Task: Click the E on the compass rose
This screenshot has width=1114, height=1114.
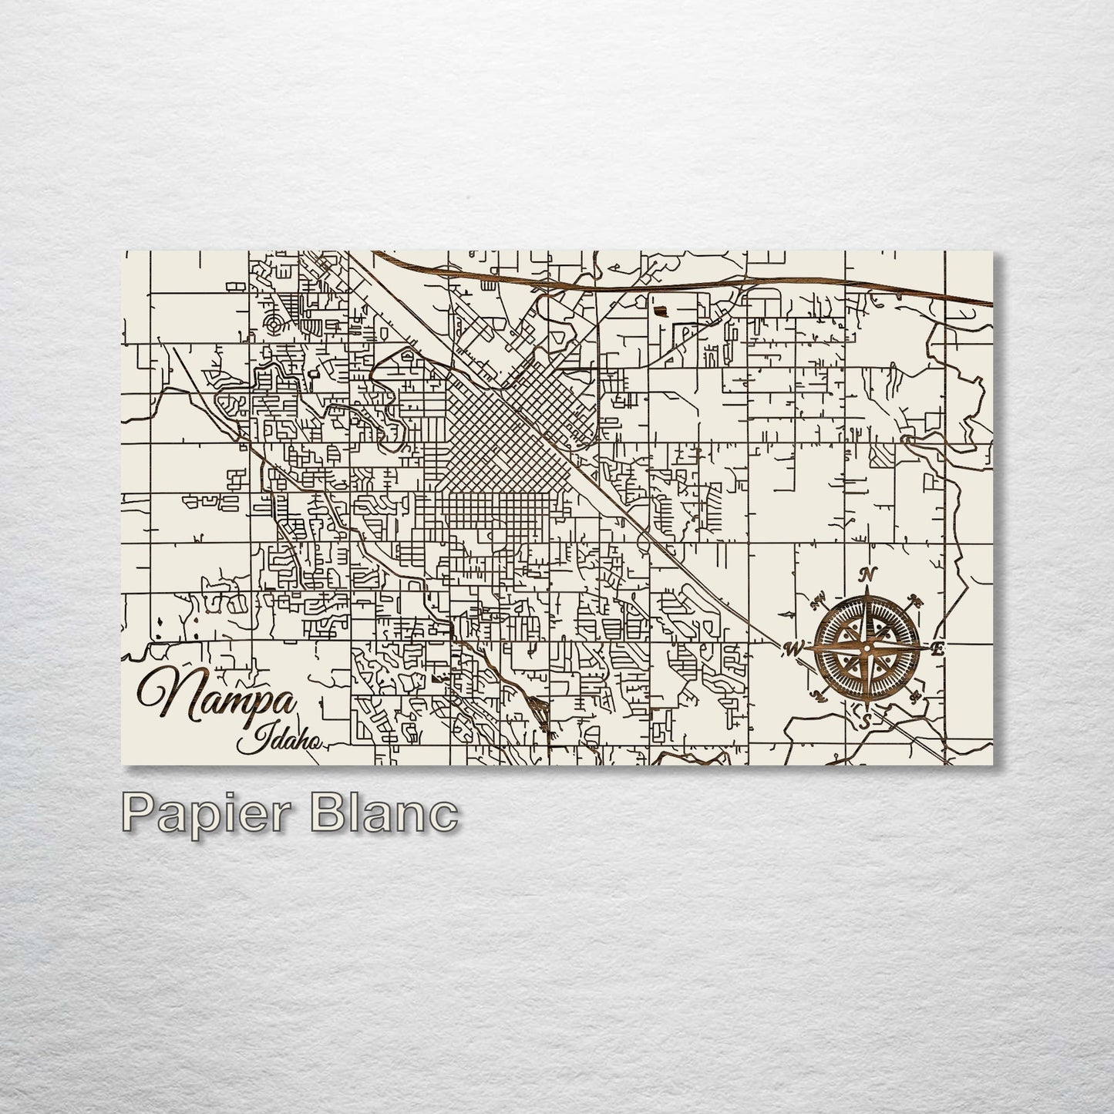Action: pyautogui.click(x=937, y=649)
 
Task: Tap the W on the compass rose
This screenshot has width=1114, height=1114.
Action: pyautogui.click(x=793, y=648)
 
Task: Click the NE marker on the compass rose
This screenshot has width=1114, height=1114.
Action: pyautogui.click(x=917, y=601)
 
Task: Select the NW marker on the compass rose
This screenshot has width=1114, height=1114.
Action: pyautogui.click(x=819, y=597)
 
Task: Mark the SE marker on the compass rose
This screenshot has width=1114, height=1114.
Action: pyautogui.click(x=915, y=698)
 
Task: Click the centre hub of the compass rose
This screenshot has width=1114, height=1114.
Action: pyautogui.click(x=867, y=648)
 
